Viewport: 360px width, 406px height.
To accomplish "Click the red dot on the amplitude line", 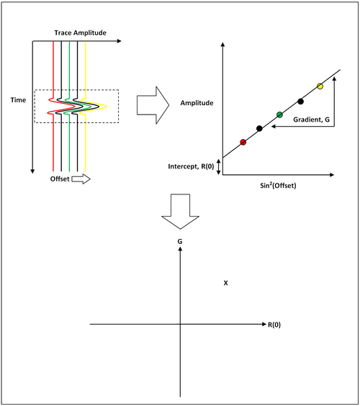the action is tap(243, 142).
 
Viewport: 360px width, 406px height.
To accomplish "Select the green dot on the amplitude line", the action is tap(279, 114).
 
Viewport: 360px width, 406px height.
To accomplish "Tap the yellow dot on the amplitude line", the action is tap(320, 86).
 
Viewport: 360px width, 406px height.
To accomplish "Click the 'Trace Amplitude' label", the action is tap(81, 33).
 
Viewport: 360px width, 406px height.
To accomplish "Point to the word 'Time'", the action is tap(18, 100).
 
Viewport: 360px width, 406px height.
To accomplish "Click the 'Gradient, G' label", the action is tap(311, 119).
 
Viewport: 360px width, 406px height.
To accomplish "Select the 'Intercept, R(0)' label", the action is tap(191, 166).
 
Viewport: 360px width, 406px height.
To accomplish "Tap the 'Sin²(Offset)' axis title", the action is tap(278, 186).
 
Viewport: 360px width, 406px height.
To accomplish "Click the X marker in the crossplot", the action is tap(225, 283).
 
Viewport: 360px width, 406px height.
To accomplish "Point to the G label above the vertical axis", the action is tap(180, 241).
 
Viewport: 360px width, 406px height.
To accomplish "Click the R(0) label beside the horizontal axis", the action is tap(274, 325).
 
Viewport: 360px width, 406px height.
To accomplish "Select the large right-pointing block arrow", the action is tap(153, 105).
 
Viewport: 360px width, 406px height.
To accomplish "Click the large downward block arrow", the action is tap(180, 212).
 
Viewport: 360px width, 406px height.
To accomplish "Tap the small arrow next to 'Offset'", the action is tap(81, 179).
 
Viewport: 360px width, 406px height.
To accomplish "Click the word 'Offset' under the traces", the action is tap(60, 179).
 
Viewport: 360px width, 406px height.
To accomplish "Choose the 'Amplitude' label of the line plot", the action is tap(197, 103).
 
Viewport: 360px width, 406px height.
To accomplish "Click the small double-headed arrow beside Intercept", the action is tap(219, 167).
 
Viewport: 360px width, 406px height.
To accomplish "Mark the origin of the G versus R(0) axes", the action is tap(180, 324).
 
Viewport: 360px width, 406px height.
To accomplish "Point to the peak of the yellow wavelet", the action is tap(107, 106).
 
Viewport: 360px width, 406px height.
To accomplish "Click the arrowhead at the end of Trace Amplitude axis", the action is tap(120, 41).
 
